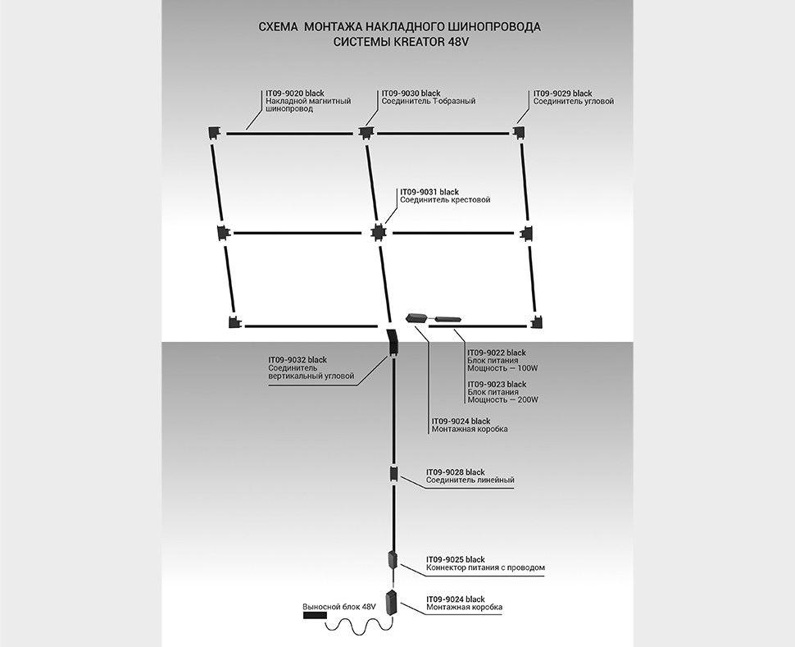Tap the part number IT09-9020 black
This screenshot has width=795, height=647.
(x=296, y=93)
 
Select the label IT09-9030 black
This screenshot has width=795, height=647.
(x=411, y=93)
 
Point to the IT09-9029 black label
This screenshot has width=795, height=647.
(x=562, y=93)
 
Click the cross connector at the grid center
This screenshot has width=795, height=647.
(x=377, y=233)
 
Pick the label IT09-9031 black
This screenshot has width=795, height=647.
(x=429, y=192)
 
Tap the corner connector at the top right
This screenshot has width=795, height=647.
(x=520, y=132)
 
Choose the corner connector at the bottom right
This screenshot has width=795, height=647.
(x=538, y=321)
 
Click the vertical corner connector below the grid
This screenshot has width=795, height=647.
(x=392, y=343)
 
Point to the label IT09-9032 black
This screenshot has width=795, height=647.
(x=298, y=360)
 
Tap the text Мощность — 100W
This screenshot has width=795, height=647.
(x=502, y=368)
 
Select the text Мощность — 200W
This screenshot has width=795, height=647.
(x=502, y=400)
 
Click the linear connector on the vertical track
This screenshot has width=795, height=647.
(x=393, y=475)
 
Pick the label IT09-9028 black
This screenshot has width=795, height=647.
(x=455, y=472)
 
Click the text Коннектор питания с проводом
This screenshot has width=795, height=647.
(x=485, y=567)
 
